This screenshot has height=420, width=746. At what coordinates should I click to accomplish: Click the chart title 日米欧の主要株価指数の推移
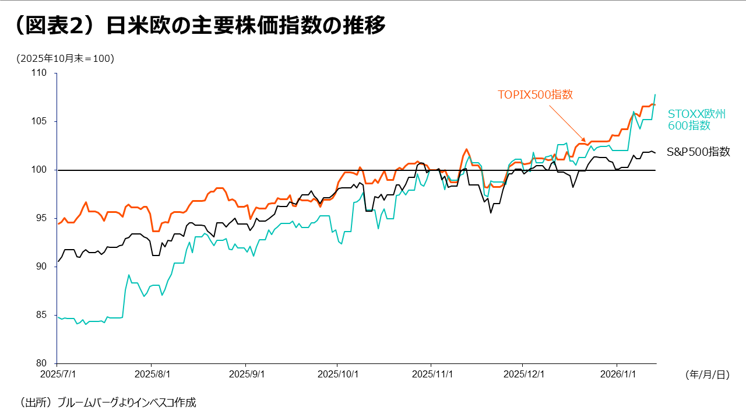245,26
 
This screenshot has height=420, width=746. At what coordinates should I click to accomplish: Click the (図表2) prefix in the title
55,26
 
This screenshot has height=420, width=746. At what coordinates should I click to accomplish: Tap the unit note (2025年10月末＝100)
65,58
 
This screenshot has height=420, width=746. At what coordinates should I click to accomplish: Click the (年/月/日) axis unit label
707,375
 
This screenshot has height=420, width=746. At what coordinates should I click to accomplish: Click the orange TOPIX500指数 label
535,94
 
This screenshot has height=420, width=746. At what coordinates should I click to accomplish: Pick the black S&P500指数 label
698,152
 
